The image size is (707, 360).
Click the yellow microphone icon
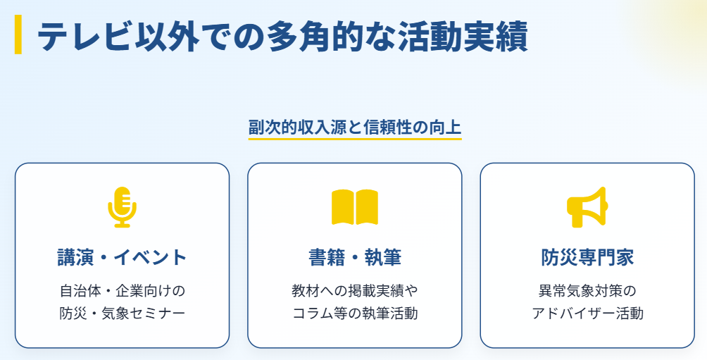point(122,206)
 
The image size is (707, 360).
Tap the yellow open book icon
point(354,206)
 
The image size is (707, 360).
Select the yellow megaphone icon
point(586,206)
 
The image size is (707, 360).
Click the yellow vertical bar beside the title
point(18,35)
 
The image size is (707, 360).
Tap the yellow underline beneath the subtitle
point(354,139)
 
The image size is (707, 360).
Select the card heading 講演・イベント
point(122,257)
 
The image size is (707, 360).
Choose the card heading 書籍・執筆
point(354,257)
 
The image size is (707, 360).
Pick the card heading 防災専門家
point(587,257)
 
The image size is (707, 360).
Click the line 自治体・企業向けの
point(122,290)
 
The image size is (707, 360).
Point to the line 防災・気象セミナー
point(122,313)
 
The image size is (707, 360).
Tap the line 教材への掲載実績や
point(354,290)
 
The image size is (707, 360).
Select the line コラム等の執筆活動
point(354,313)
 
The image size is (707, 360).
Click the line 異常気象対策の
point(587,290)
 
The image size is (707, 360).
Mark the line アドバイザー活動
point(587,313)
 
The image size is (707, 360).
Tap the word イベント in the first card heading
point(152,257)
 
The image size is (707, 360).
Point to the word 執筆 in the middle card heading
point(383,257)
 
